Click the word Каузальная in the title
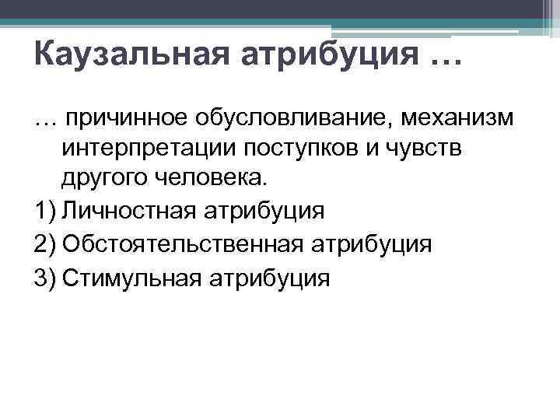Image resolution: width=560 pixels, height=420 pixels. [x=113, y=56]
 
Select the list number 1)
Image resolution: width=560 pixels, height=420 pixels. [x=45, y=211]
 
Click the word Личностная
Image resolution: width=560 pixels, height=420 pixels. [x=132, y=211]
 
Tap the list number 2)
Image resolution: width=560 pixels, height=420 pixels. [x=45, y=244]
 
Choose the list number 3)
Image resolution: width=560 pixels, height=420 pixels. [x=45, y=278]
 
